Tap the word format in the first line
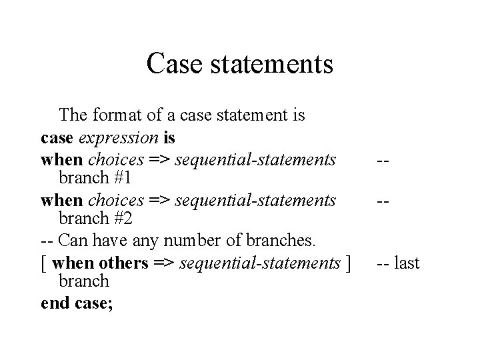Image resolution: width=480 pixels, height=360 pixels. point(123,115)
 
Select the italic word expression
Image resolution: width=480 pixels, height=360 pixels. point(119,138)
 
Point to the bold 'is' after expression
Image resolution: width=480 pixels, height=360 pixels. point(169,138)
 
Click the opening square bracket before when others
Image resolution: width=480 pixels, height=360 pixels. point(43,263)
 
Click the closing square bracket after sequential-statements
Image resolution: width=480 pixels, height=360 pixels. point(347,263)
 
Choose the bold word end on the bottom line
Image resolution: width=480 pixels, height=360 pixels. point(53,303)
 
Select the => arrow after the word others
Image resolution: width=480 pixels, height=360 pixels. point(163,263)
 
